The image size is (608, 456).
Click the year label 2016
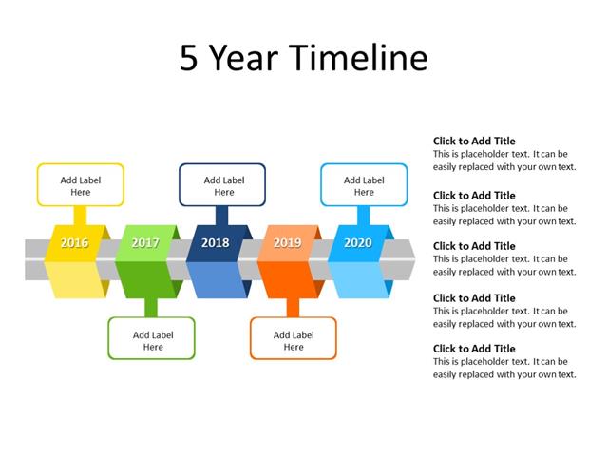pyautogui.click(x=74, y=243)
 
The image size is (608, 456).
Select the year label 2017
pyautogui.click(x=145, y=243)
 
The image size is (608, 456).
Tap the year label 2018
pyautogui.click(x=216, y=243)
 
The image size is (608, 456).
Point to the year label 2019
pyautogui.click(x=287, y=243)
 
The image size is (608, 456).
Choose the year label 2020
pyautogui.click(x=358, y=243)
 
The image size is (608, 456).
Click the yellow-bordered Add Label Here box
pyautogui.click(x=80, y=185)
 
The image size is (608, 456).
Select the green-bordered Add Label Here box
pyautogui.click(x=152, y=339)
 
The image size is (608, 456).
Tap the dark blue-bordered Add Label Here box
pyautogui.click(x=222, y=185)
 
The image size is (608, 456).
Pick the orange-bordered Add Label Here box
pyautogui.click(x=293, y=339)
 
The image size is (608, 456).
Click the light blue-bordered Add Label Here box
pyautogui.click(x=364, y=185)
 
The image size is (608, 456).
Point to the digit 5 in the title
pyautogui.click(x=189, y=59)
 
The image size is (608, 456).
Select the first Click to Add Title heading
pyautogui.click(x=474, y=141)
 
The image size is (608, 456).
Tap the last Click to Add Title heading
pyautogui.click(x=474, y=349)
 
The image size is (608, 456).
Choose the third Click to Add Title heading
pyautogui.click(x=474, y=246)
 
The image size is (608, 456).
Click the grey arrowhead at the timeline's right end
pyautogui.click(x=408, y=259)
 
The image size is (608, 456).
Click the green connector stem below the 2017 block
pyautogui.click(x=151, y=307)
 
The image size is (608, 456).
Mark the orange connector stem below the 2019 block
pyautogui.click(x=293, y=307)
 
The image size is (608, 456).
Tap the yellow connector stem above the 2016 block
pyautogui.click(x=80, y=216)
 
